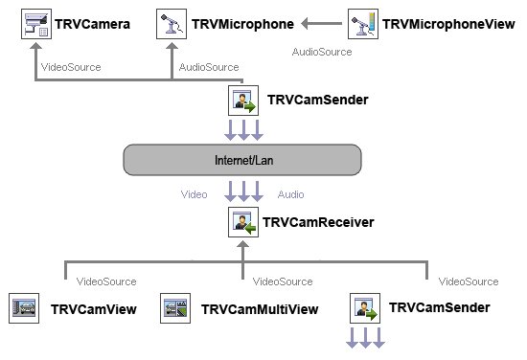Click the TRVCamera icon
[35, 23]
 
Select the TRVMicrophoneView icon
[363, 23]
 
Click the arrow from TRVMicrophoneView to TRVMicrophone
[320, 23]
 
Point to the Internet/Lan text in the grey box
[242, 160]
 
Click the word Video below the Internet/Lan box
[195, 194]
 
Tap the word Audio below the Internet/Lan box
[291, 194]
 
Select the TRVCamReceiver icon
[242, 223]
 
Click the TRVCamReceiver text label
[319, 223]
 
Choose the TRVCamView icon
[23, 308]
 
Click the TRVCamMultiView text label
[259, 309]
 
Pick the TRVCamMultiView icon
[173, 308]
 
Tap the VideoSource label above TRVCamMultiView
[283, 281]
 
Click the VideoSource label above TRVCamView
[105, 281]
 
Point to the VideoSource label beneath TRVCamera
[71, 67]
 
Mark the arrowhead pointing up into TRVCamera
[35, 50]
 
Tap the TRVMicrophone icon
[171, 23]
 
